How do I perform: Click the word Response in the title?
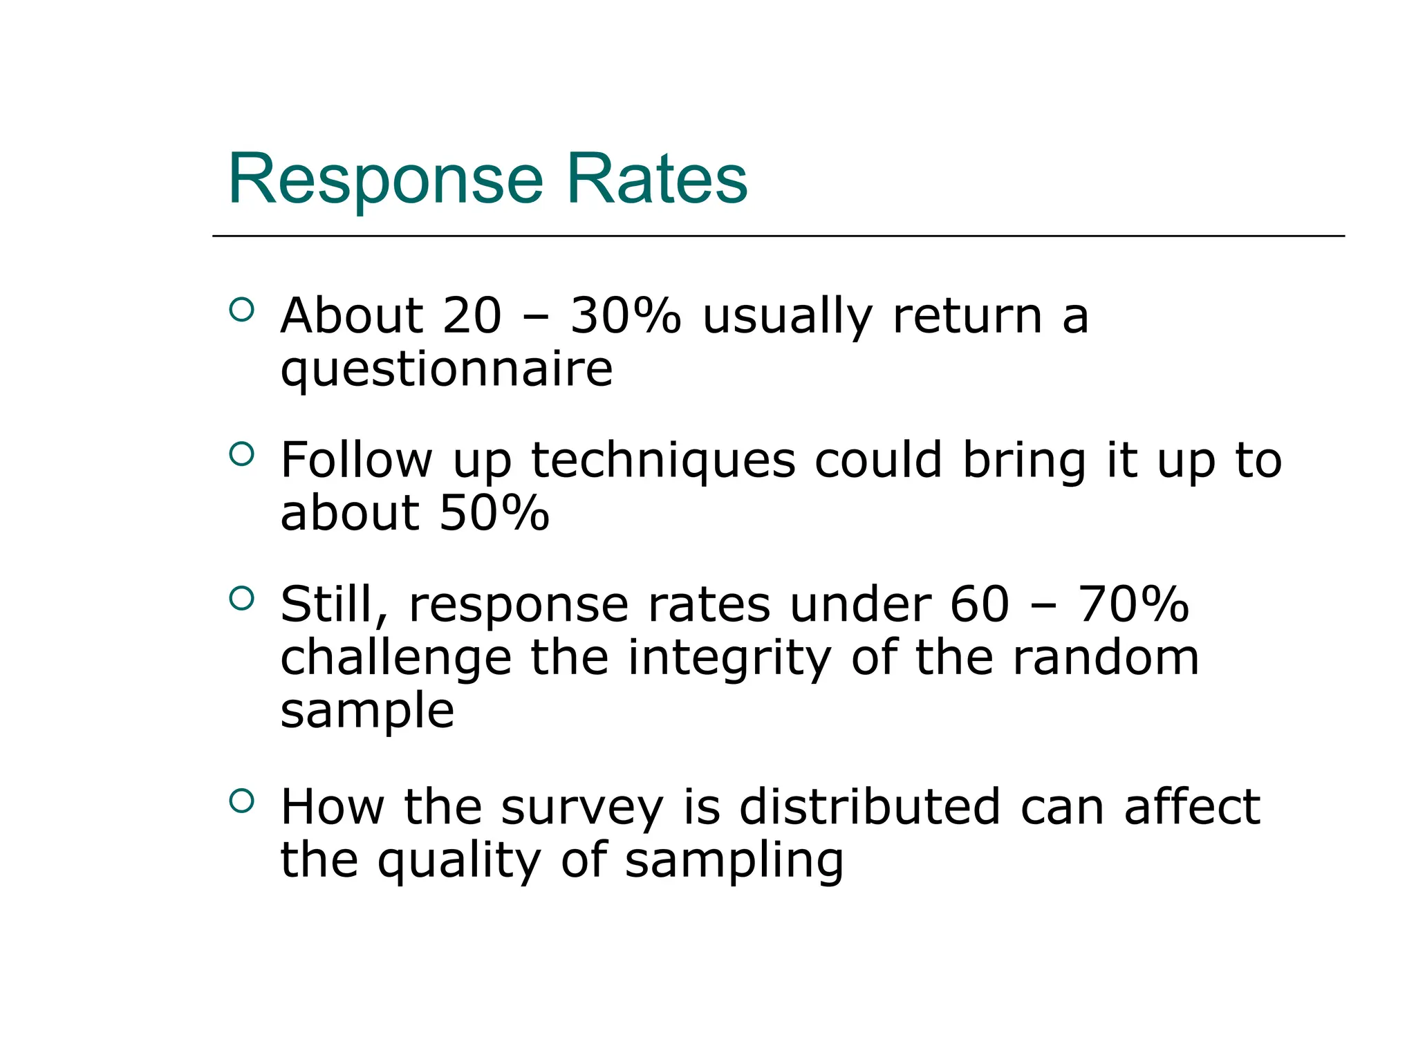[x=385, y=180]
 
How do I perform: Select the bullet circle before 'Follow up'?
[x=241, y=454]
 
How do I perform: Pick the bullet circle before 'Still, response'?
[x=241, y=598]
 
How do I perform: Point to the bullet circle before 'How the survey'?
[x=241, y=801]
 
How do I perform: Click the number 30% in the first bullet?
[x=626, y=316]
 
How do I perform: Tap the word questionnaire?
[x=446, y=370]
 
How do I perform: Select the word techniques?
[x=663, y=460]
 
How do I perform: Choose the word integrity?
[x=729, y=658]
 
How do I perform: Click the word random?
[x=1106, y=658]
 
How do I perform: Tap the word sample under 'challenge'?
[x=367, y=712]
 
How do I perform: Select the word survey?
[x=581, y=808]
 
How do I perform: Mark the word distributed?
[x=870, y=808]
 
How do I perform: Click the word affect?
[x=1192, y=808]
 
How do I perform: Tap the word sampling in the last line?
[x=734, y=861]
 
